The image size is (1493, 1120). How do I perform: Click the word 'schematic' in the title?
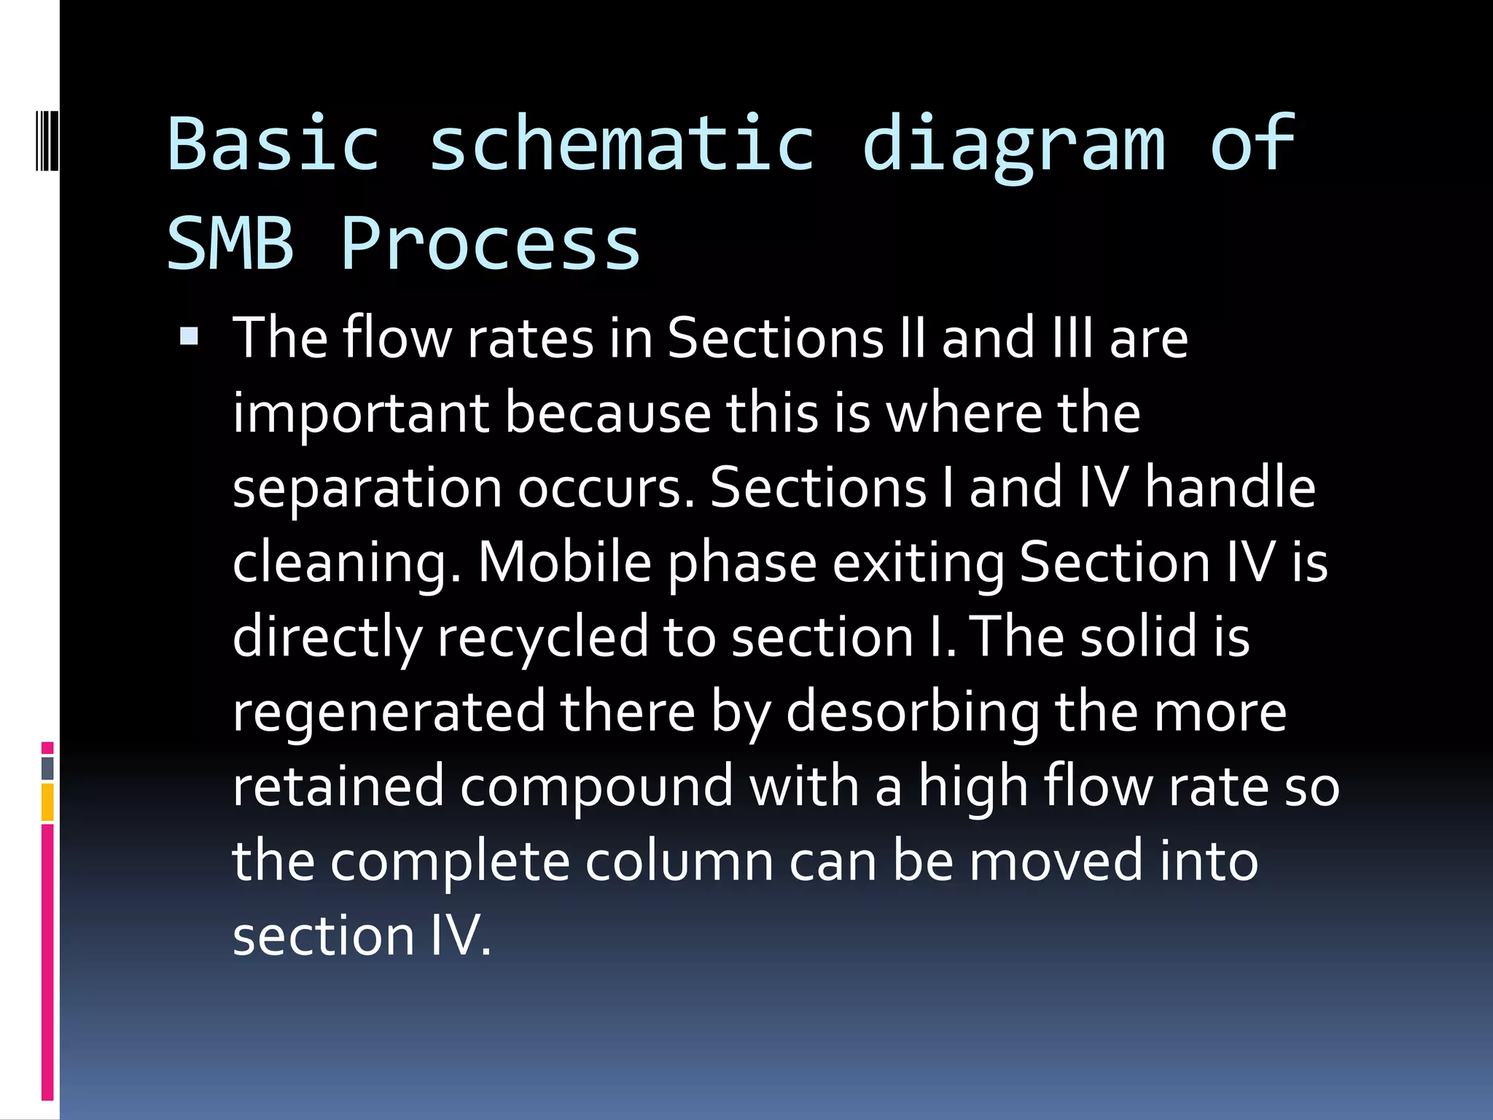pyautogui.click(x=621, y=144)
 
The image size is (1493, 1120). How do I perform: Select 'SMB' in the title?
pyautogui.click(x=230, y=244)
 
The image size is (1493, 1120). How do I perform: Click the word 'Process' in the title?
pyautogui.click(x=490, y=244)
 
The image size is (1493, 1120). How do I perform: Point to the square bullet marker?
pyautogui.click(x=189, y=336)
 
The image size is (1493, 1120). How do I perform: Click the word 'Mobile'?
pyautogui.click(x=564, y=563)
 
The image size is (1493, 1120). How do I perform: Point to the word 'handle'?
pyautogui.click(x=1230, y=488)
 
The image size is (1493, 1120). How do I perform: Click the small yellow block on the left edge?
pyautogui.click(x=47, y=802)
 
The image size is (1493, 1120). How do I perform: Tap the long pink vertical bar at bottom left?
pyautogui.click(x=47, y=962)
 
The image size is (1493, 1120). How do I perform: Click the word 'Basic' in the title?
pyautogui.click(x=274, y=144)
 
